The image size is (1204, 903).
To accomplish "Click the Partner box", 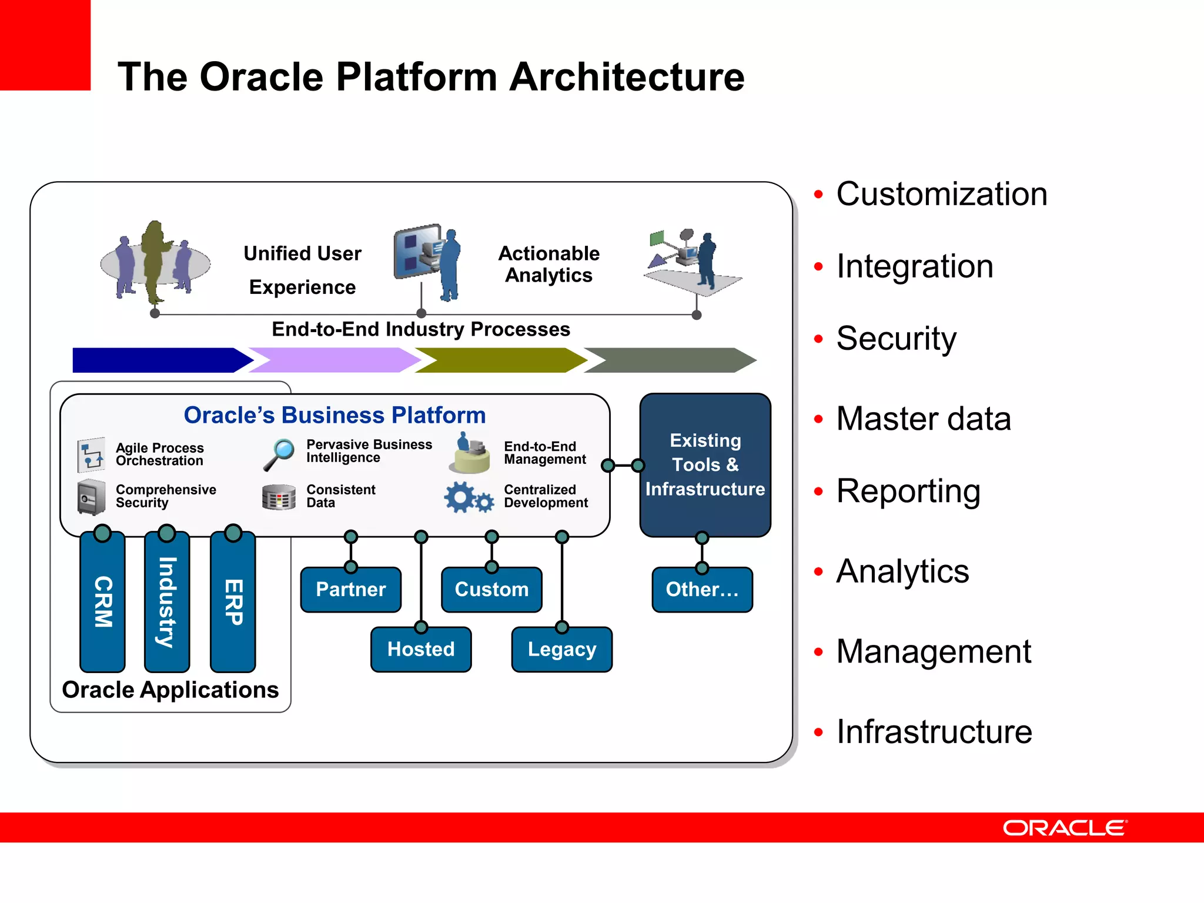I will coord(351,590).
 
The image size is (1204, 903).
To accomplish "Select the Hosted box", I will coord(421,650).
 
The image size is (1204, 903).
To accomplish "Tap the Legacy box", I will coord(561,650).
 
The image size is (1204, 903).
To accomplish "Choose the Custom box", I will coord(491,590).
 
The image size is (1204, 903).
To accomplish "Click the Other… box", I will coord(702,590).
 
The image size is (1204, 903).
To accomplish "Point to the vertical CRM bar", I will coord(103,602).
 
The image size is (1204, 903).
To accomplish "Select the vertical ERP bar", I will coord(233,602).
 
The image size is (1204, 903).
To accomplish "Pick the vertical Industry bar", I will coord(167,602).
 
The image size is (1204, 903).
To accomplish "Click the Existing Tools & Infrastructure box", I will coord(705,464).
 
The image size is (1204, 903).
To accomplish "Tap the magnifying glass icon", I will coord(279,454).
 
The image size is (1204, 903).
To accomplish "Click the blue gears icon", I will coord(467,497).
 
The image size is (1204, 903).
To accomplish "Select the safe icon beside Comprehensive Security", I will coord(91,497).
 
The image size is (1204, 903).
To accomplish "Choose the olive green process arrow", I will coord(500,360).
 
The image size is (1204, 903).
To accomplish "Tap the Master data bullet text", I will coord(923,419).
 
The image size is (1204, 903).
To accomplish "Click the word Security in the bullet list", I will coord(896,339).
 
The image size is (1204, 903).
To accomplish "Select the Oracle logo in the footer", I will coord(1065,828).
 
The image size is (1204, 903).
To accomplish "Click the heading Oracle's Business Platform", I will coord(335,415).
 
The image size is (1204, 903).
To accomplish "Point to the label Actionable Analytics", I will coord(549,264).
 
